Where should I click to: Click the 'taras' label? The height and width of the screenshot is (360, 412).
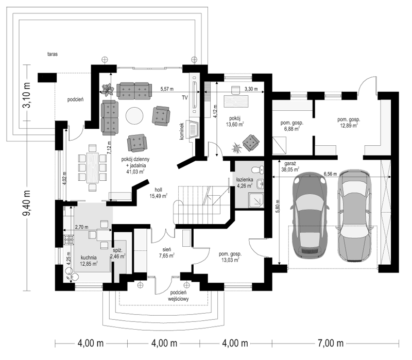click(53, 54)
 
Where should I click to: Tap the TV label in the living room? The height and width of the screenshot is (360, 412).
click(185, 98)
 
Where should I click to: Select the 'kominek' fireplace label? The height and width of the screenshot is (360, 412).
click(182, 131)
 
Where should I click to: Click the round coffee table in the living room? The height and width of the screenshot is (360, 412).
click(134, 115)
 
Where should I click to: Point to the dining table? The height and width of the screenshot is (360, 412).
click(92, 168)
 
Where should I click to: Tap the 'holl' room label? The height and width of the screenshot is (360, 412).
click(159, 190)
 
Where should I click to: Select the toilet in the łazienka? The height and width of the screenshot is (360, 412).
click(257, 169)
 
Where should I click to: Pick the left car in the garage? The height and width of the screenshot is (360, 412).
click(311, 215)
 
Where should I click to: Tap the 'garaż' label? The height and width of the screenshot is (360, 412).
click(290, 163)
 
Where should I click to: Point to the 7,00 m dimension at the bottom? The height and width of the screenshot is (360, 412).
click(331, 344)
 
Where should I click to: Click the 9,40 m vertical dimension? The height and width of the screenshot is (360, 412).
click(27, 203)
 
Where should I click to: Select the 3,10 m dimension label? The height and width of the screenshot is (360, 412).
click(27, 95)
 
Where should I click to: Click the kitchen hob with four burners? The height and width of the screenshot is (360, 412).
click(69, 240)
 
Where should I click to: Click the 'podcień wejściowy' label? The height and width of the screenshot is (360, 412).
click(178, 296)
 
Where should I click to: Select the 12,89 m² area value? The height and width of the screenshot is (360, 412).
click(349, 126)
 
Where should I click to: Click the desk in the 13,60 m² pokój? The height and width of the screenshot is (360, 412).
click(236, 101)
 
